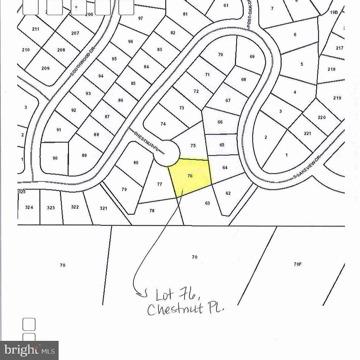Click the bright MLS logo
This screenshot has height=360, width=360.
[29, 350]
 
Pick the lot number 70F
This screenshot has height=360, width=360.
[297, 264]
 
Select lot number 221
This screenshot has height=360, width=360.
[307, 133]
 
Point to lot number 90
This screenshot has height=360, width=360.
[55, 158]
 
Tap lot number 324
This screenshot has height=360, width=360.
[29, 208]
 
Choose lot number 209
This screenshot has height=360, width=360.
[45, 68]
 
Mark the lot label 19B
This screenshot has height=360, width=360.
[334, 12]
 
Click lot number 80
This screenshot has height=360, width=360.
[136, 163]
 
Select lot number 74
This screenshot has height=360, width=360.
[163, 124]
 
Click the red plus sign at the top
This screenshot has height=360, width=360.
[76, 7]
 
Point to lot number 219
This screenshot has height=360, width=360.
[337, 98]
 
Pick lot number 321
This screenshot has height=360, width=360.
[104, 208]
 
